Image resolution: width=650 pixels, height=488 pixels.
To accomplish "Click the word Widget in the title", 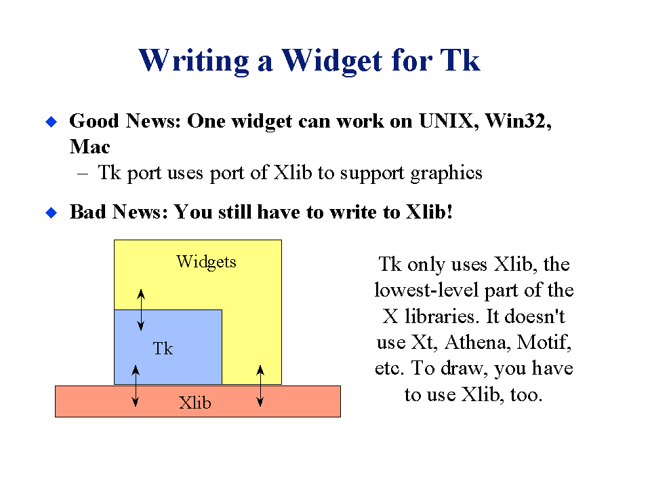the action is point(331,61).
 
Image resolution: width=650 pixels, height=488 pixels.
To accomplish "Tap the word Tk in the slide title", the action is point(460,60).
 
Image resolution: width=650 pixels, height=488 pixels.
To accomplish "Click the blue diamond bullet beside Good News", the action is point(51,121).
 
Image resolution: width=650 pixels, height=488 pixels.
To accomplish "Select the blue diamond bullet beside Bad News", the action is point(51,212).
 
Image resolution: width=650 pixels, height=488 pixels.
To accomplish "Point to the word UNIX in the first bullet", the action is point(446,121).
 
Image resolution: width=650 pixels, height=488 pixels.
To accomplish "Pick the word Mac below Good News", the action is point(89,147).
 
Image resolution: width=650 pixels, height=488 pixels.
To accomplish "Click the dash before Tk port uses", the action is point(83,174).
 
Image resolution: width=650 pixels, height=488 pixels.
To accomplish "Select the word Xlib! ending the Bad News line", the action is point(429,212).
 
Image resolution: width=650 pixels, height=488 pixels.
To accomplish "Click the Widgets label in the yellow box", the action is point(206,262).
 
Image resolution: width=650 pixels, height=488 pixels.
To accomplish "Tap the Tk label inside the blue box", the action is point(163,349).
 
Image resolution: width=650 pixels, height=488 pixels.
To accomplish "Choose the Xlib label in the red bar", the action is point(195,402).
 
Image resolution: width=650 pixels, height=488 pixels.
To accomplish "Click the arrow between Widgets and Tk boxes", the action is point(141,309).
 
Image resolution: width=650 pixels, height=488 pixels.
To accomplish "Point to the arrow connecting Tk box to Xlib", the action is point(135,386).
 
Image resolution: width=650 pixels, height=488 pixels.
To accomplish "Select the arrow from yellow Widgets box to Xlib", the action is point(260,386).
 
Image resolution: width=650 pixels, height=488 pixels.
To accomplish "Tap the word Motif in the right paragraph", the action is point(544,343).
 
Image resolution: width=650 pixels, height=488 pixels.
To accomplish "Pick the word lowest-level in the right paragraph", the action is point(426,290).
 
